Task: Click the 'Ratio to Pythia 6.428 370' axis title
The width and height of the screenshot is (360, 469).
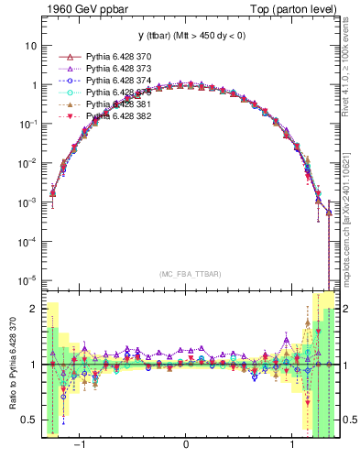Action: tap(10, 365)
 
